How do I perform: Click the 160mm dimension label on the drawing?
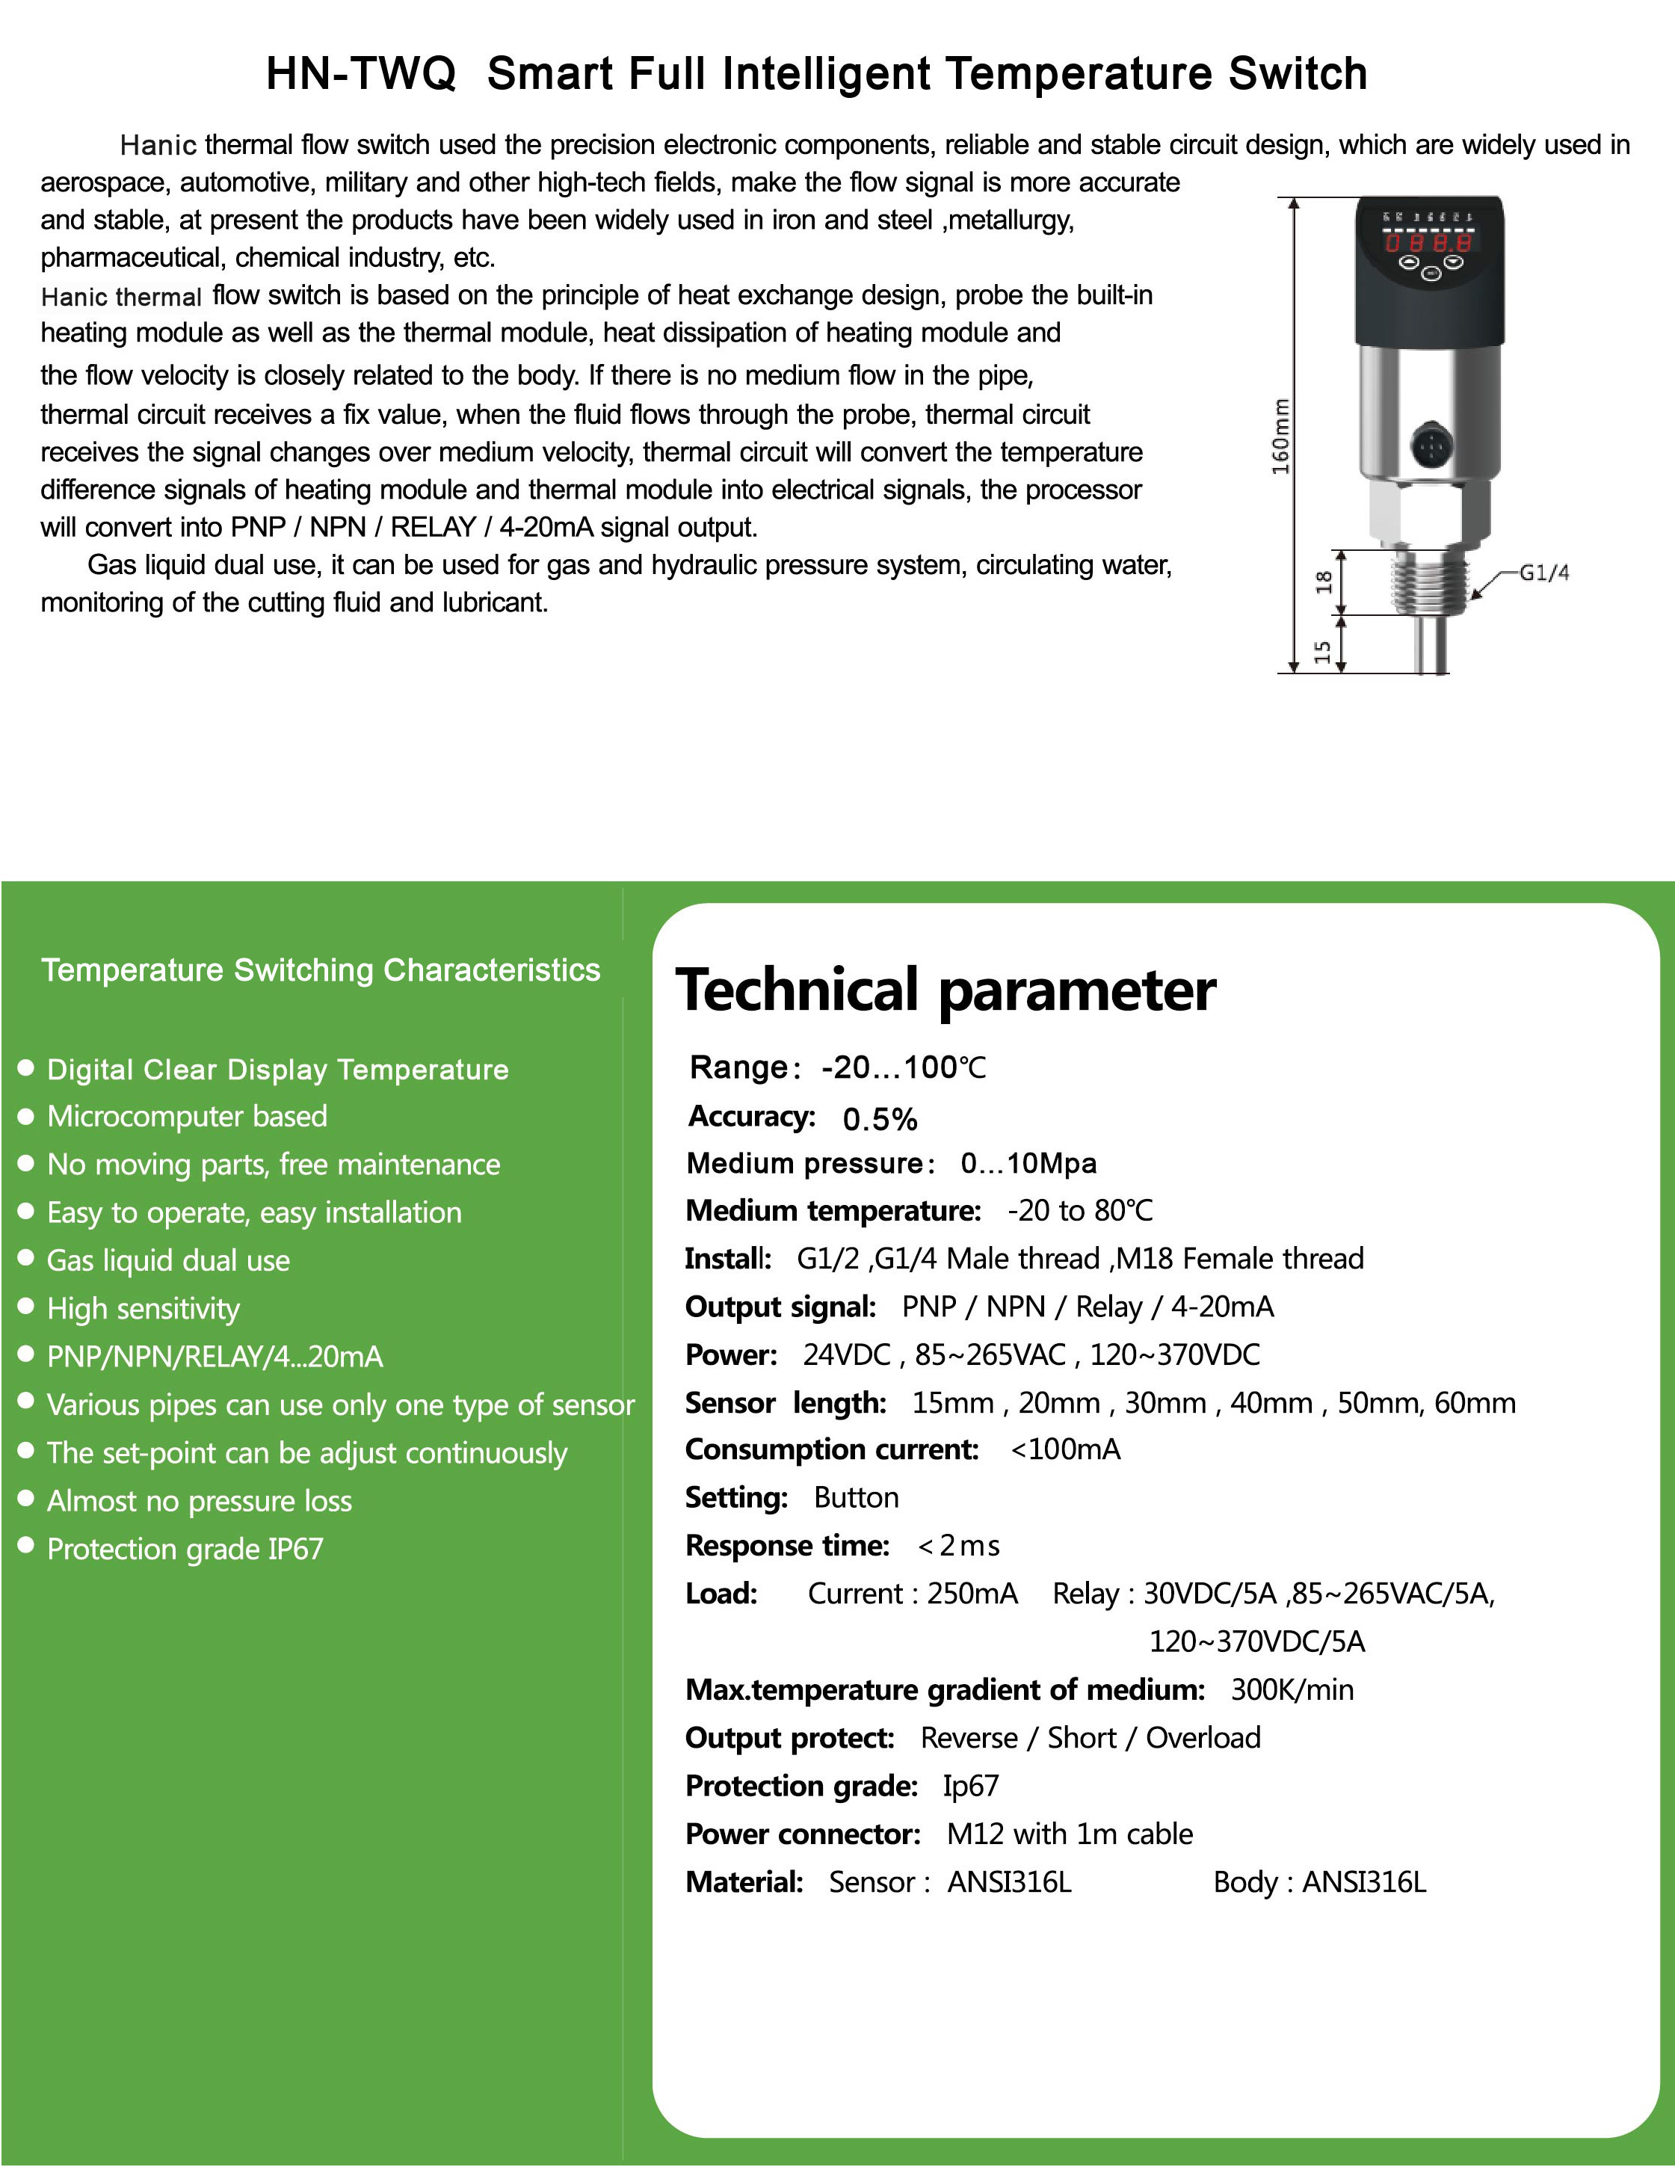click(1281, 436)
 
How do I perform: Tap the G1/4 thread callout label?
click(1544, 573)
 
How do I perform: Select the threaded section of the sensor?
click(1429, 582)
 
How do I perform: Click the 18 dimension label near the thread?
click(1324, 582)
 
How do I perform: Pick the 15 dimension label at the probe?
click(1323, 651)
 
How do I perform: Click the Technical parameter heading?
click(946, 990)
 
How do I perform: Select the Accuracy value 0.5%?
click(879, 1119)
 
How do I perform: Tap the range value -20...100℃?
click(903, 1067)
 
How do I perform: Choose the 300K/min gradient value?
click(1292, 1690)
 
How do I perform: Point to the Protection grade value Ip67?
click(970, 1786)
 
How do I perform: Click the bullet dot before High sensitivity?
click(27, 1307)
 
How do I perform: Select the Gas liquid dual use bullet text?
click(169, 1260)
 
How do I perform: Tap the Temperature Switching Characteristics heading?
click(321, 970)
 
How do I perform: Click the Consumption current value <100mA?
click(1066, 1449)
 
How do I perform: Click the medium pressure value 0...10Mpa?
click(1028, 1163)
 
